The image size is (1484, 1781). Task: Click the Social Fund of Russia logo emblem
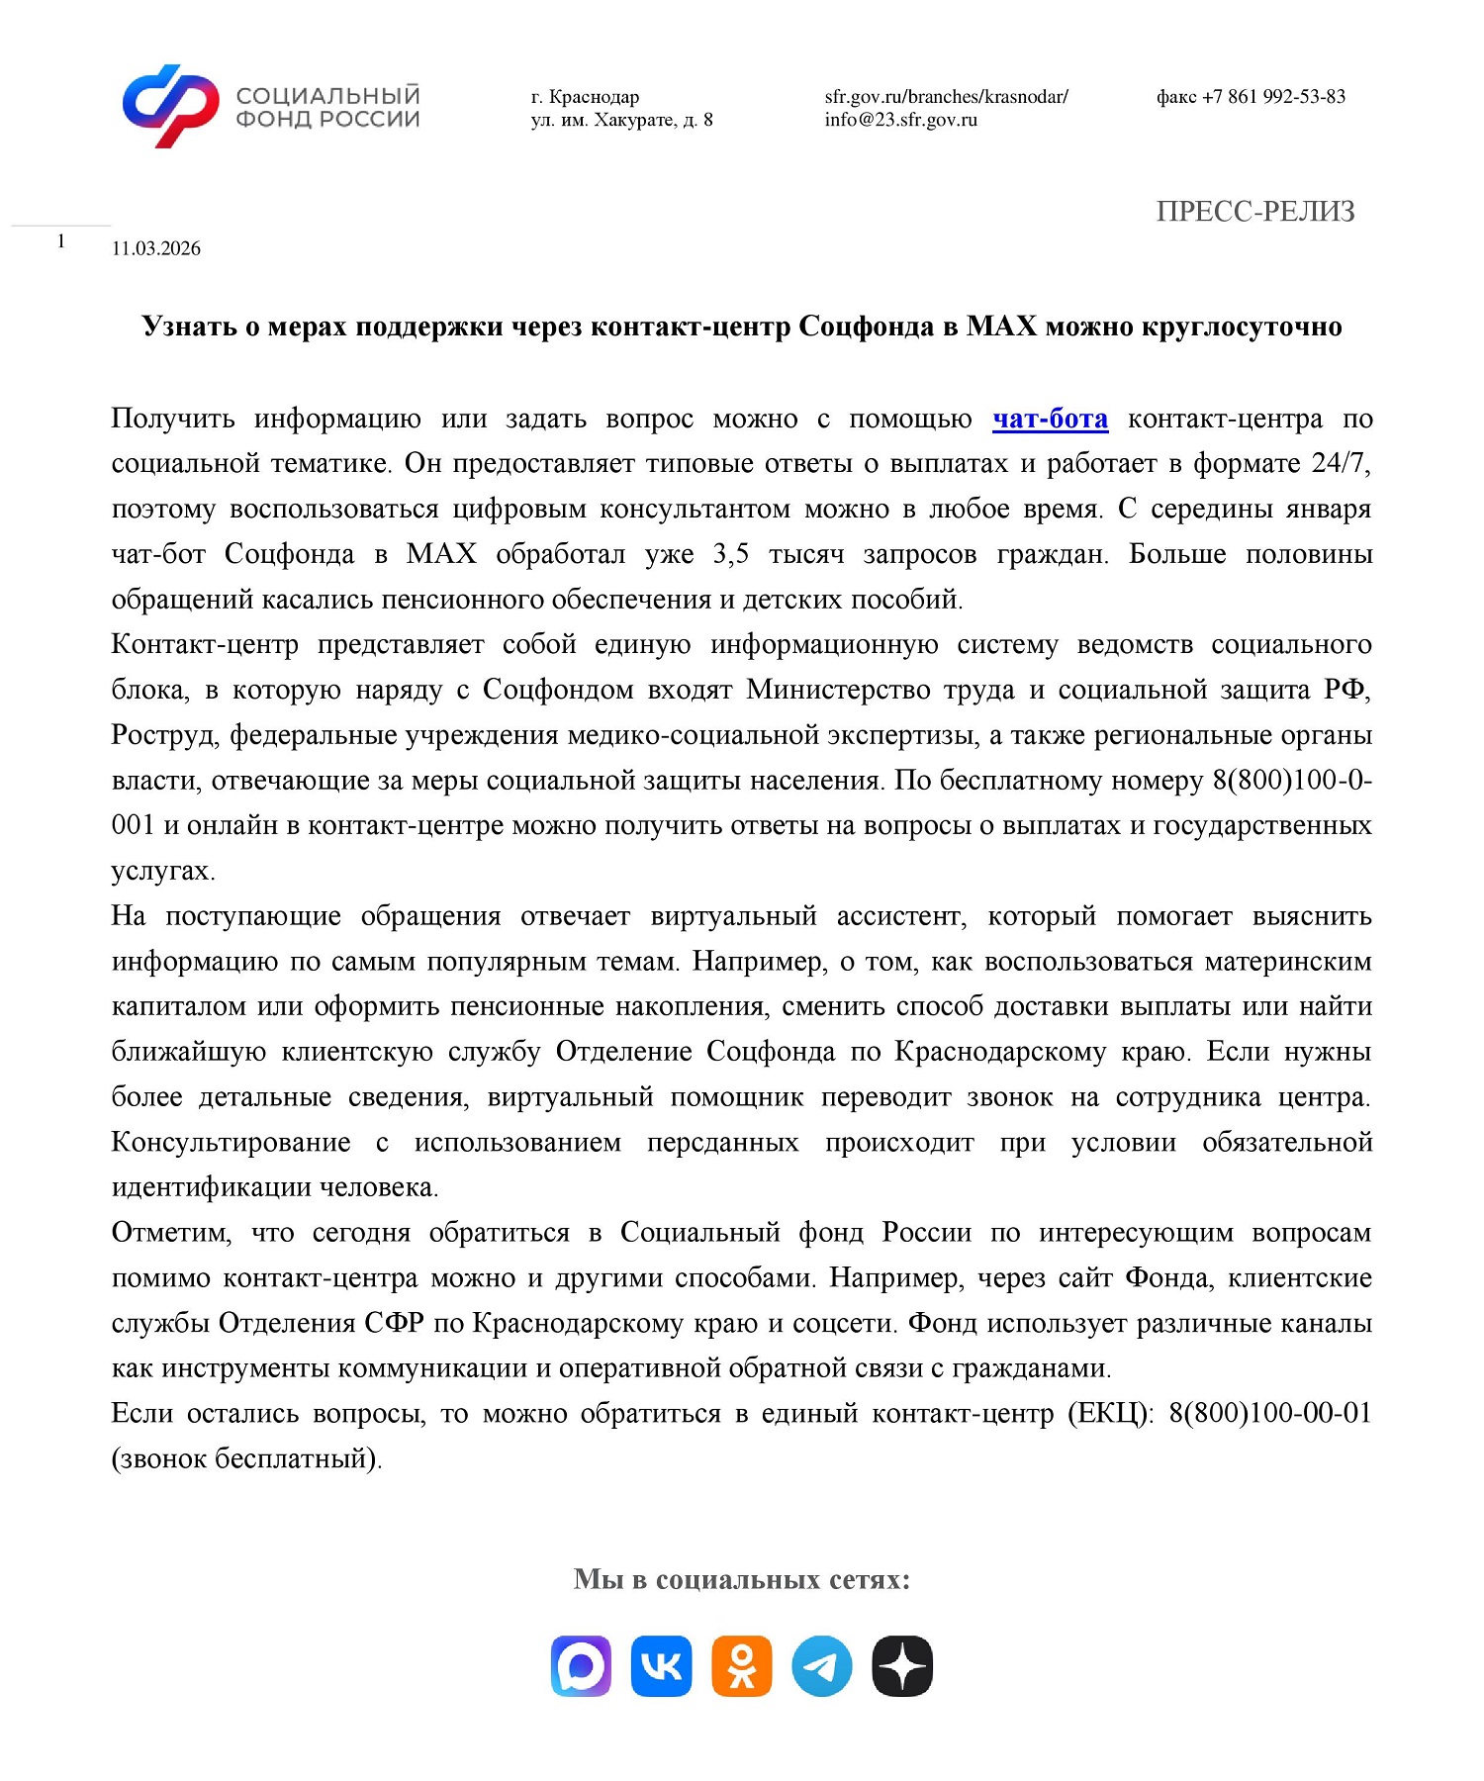(170, 107)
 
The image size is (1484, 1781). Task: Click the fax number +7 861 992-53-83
(1251, 97)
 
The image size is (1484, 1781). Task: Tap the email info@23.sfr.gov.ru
(900, 120)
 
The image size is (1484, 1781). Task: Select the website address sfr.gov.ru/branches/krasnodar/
(946, 97)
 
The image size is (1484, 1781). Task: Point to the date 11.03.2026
(156, 248)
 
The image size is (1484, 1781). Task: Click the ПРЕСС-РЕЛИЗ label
(1254, 212)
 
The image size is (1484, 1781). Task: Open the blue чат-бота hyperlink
(1050, 419)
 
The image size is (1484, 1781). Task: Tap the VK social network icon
(661, 1666)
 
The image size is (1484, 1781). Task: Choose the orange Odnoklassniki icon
(741, 1666)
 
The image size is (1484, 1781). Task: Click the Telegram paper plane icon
(821, 1666)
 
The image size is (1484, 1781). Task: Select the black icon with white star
(902, 1666)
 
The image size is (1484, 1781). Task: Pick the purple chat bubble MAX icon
(581, 1666)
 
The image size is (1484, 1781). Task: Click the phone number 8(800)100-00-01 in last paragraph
(1269, 1413)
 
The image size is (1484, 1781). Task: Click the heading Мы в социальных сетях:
(741, 1578)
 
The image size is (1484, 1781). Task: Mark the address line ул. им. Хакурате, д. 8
(621, 120)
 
